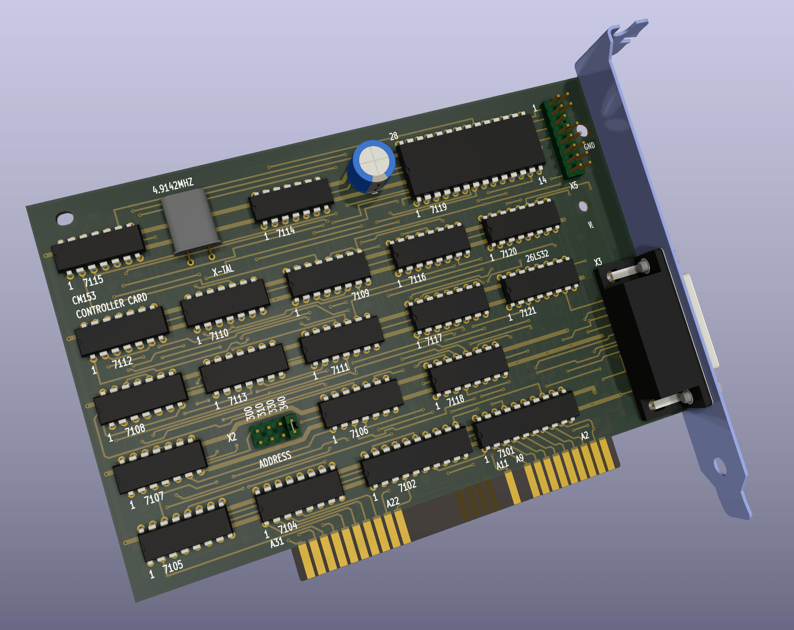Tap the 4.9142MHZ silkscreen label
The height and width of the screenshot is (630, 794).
[173, 187]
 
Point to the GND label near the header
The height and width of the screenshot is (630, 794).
[589, 146]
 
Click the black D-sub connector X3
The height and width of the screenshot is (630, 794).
[654, 334]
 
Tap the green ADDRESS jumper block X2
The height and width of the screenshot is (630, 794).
[275, 431]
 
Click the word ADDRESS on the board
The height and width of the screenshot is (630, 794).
[275, 459]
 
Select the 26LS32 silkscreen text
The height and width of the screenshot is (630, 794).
[537, 256]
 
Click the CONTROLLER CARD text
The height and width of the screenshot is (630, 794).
[111, 305]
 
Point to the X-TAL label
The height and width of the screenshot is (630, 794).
[223, 270]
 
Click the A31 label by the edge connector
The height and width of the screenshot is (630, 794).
[277, 542]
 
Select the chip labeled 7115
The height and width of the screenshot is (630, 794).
[98, 249]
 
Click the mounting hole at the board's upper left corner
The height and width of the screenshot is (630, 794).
[65, 218]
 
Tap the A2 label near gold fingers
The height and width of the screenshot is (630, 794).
[584, 436]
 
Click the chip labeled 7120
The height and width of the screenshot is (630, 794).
[521, 222]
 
